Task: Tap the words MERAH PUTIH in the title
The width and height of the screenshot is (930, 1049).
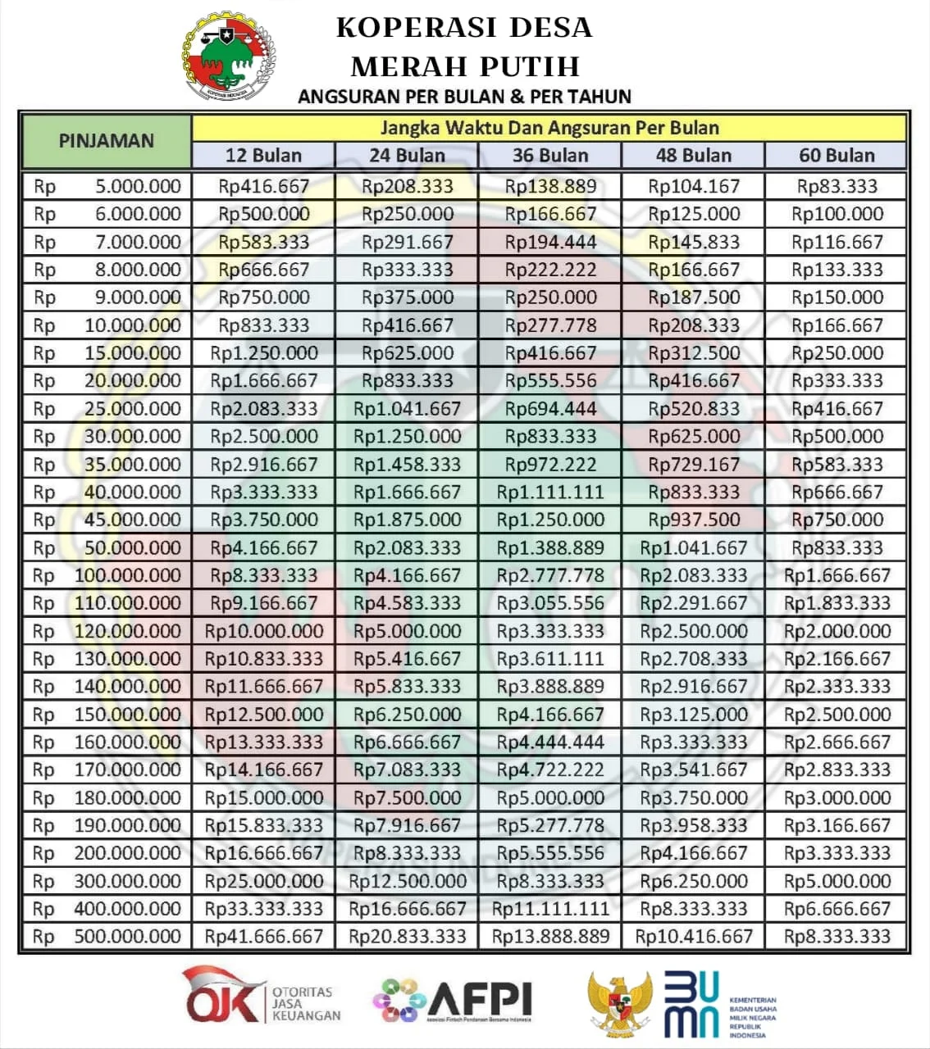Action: pyautogui.click(x=465, y=66)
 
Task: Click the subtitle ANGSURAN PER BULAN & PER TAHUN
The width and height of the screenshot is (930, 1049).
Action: pyautogui.click(x=464, y=97)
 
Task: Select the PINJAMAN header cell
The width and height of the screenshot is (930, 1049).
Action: pyautogui.click(x=106, y=141)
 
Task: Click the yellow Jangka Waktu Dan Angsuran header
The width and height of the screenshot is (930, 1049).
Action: pyautogui.click(x=549, y=128)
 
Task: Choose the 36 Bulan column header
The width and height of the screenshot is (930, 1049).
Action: pyautogui.click(x=550, y=155)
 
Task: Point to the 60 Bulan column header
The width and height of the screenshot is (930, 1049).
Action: pyautogui.click(x=837, y=155)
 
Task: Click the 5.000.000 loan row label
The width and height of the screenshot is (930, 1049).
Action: pyautogui.click(x=107, y=186)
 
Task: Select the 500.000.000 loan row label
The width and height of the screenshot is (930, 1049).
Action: pyautogui.click(x=107, y=936)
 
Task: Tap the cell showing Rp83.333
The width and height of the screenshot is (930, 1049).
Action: pyautogui.click(x=837, y=186)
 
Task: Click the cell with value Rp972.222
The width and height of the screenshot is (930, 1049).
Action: pyautogui.click(x=550, y=464)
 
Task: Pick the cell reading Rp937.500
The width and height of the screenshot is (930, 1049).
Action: pyautogui.click(x=694, y=520)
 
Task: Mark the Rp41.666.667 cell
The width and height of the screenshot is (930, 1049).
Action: pyautogui.click(x=263, y=936)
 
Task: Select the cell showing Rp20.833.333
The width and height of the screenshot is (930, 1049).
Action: pyautogui.click(x=407, y=936)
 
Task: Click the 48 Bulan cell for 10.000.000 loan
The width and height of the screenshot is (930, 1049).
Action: pyautogui.click(x=694, y=325)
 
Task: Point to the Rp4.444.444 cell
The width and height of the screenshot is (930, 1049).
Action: pyautogui.click(x=550, y=742)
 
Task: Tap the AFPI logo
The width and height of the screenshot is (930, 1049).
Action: pyautogui.click(x=453, y=1000)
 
